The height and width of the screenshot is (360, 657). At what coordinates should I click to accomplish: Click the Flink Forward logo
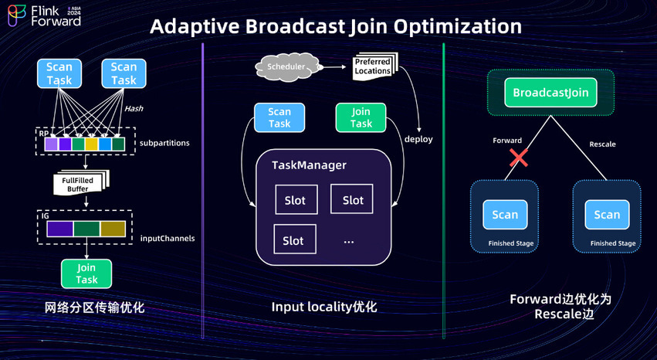pos(45,15)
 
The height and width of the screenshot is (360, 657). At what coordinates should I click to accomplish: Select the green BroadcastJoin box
pos(550,93)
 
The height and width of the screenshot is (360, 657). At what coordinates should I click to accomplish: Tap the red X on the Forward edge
pos(519,158)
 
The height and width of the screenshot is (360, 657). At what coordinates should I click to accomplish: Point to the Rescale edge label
pos(602,144)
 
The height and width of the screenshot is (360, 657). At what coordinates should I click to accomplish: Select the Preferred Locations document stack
pos(373,66)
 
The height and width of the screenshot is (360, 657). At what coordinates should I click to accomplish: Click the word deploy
pos(418,139)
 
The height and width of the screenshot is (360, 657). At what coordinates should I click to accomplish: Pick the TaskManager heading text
pos(309,165)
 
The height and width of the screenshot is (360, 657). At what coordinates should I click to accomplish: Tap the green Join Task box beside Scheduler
pos(361,117)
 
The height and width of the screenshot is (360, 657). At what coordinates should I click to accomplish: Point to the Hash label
pos(134,109)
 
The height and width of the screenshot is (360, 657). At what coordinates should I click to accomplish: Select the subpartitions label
pos(164,144)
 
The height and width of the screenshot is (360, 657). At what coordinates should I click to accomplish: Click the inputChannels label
pos(167,238)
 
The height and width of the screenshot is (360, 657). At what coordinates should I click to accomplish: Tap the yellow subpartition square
pos(91,144)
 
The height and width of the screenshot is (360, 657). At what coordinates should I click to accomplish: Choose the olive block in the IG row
pos(113,229)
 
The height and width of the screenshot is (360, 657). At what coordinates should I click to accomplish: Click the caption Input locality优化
pos(323,307)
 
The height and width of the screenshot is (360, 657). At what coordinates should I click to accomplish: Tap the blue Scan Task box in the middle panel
pos(279,117)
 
